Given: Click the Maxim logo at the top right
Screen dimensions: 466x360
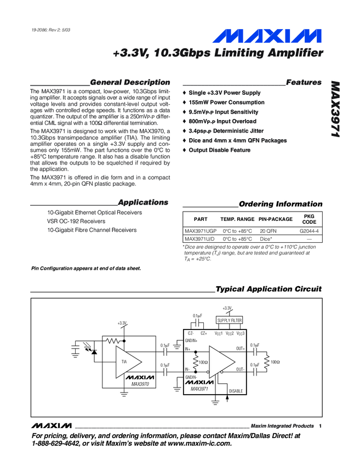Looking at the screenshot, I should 267,37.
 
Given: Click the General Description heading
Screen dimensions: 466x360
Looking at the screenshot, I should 129,82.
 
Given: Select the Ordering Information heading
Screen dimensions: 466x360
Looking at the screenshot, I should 281,204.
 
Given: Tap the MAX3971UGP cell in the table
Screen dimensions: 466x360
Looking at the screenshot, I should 201,231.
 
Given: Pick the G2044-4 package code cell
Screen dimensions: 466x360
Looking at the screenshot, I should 309,231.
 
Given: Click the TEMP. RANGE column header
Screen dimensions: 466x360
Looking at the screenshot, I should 237,219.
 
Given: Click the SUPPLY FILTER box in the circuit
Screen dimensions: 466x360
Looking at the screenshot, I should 230,320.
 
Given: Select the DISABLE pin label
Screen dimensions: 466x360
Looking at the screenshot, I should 235,391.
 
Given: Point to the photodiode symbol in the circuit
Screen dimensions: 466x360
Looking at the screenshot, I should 94,351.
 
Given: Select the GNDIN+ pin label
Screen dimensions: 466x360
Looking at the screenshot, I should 191,341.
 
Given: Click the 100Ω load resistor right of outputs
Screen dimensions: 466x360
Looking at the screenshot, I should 268,362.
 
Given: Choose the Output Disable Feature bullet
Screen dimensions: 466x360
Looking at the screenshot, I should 219,150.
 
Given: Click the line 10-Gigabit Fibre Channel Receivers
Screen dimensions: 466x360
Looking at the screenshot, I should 92,230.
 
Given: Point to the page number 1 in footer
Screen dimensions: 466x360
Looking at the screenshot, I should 319,427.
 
